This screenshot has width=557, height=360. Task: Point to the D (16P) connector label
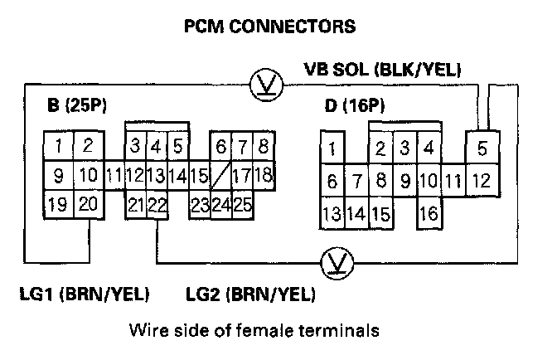pos(357,105)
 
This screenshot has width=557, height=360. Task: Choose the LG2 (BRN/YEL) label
pos(250,294)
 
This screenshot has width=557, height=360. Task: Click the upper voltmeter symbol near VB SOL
pos(264,82)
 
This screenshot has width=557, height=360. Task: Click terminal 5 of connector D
pos(482,150)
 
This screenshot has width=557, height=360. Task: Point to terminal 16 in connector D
pos(429,213)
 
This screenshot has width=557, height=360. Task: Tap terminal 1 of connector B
pos(59,148)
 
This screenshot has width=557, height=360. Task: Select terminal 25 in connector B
pos(242,204)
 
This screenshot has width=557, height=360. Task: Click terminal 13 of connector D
pos(332,213)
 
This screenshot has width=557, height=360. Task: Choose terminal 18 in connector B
pos(264,175)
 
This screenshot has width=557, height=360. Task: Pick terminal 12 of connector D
pos(482,179)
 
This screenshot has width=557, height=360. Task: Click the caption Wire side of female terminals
pos(254,330)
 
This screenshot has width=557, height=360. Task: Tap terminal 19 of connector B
pos(58,204)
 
